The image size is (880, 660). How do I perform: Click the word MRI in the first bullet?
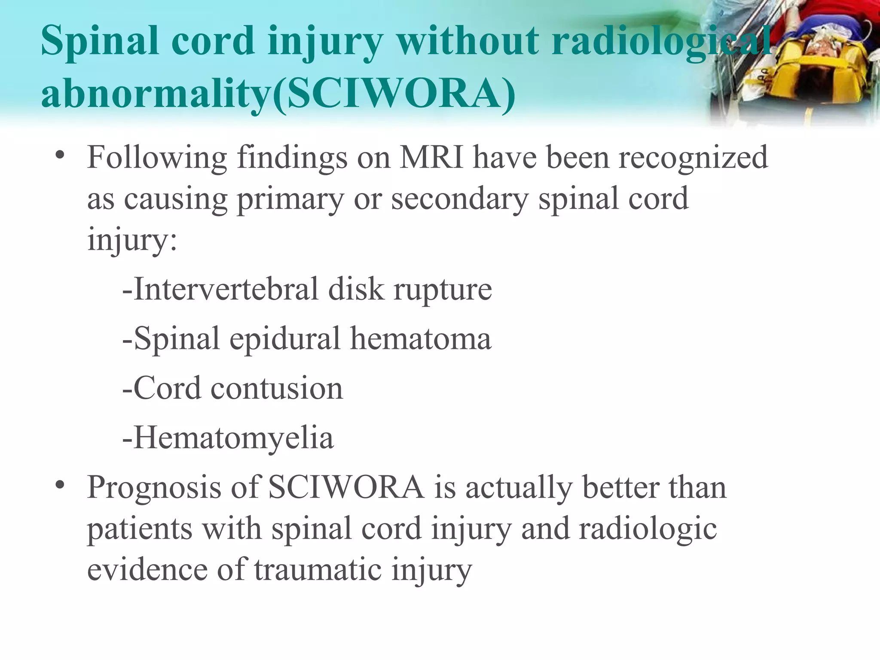tap(431, 157)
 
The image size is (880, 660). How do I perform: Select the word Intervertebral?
tap(226, 289)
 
